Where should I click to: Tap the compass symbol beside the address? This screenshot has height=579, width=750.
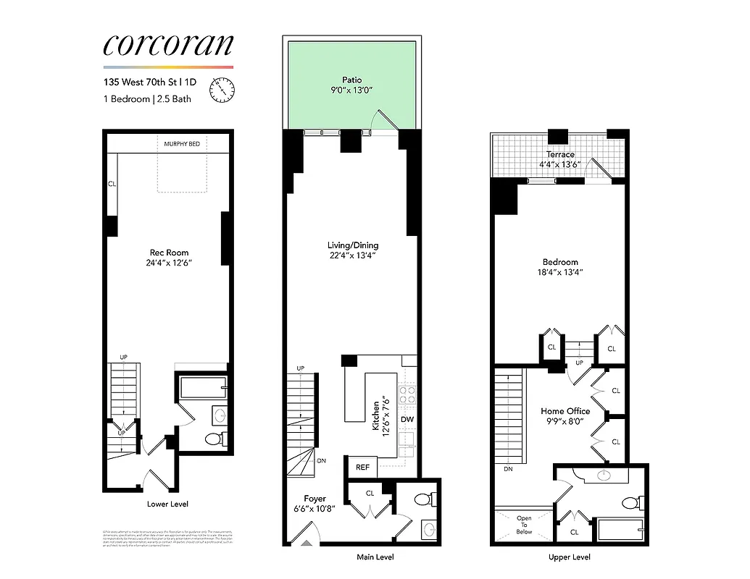point(222,90)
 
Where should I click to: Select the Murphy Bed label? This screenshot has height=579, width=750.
point(182,145)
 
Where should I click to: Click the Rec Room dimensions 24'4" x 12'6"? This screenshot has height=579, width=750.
point(167,263)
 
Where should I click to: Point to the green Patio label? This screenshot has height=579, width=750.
point(352,80)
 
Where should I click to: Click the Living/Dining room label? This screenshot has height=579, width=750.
point(353,245)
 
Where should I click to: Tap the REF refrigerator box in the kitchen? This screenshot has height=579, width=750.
point(362,468)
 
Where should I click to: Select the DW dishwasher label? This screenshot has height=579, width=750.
point(407,419)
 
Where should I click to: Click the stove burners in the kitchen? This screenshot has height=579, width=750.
point(407,395)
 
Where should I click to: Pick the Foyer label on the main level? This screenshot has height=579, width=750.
point(314,499)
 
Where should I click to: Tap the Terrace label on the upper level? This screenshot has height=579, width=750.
point(561,154)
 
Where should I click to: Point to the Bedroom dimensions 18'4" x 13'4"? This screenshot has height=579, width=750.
point(560,272)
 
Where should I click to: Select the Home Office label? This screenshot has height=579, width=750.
point(565,411)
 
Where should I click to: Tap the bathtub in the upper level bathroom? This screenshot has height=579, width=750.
point(620,529)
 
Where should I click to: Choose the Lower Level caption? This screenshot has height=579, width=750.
point(167,504)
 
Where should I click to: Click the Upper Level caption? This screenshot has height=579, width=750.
point(569,557)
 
